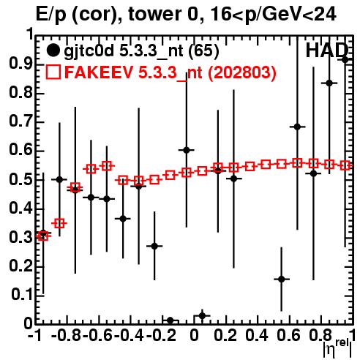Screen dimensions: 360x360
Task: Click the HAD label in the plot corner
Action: click(327, 50)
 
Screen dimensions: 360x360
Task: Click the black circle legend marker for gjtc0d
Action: click(53, 50)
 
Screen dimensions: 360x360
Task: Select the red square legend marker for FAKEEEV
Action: click(53, 72)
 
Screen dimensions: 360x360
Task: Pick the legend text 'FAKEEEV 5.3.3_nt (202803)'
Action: click(170, 72)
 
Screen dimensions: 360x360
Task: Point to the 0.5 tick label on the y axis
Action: click(20, 180)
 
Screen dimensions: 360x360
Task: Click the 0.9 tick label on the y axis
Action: click(20, 64)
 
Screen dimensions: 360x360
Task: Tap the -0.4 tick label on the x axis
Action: click(129, 335)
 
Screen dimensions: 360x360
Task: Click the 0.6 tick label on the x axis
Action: click(288, 335)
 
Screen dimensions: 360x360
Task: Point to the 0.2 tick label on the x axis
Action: click(225, 335)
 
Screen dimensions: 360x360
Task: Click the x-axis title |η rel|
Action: click(338, 348)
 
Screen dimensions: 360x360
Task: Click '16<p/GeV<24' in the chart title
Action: click(273, 15)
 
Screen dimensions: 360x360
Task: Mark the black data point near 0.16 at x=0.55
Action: click(282, 279)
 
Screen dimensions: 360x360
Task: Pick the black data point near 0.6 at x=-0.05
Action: click(187, 150)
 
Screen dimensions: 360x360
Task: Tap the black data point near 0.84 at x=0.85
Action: click(329, 83)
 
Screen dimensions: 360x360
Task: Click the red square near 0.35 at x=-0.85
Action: click(59, 223)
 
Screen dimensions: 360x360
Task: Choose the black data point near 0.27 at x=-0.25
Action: click(154, 246)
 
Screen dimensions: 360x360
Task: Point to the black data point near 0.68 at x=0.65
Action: click(297, 127)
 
